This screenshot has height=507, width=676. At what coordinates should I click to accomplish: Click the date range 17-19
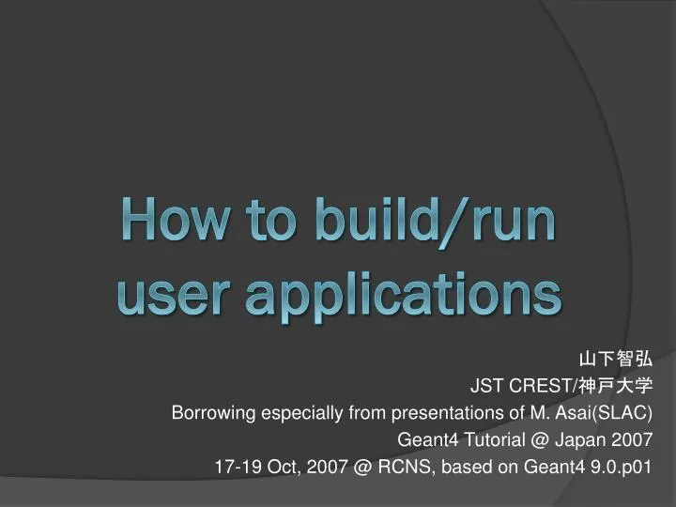pyautogui.click(x=235, y=466)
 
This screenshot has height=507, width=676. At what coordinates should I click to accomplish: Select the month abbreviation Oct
pyautogui.click(x=281, y=466)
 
